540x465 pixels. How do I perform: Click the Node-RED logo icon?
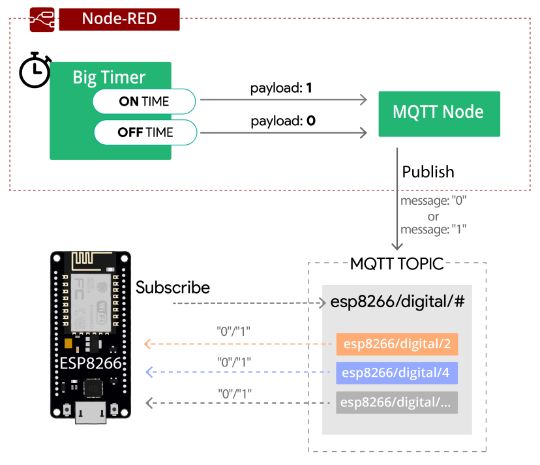41,19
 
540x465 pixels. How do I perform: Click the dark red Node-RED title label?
119,19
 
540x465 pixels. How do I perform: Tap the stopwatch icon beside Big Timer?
34,70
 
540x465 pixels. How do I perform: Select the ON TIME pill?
144,101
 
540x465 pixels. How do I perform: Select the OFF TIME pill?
145,132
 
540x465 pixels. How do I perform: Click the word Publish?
428,172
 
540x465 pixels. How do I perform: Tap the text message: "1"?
433,229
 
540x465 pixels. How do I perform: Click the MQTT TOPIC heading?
397,264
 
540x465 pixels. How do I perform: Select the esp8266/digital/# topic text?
397,303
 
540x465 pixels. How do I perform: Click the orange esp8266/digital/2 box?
397,343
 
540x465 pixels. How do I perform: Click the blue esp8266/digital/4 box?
397,372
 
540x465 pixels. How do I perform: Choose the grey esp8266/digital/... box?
397,402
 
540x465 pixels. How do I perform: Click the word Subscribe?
173,288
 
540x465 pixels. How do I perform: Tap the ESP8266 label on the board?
91,363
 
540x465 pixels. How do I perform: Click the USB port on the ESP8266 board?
91,413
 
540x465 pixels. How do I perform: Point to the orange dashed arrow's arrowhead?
149,343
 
